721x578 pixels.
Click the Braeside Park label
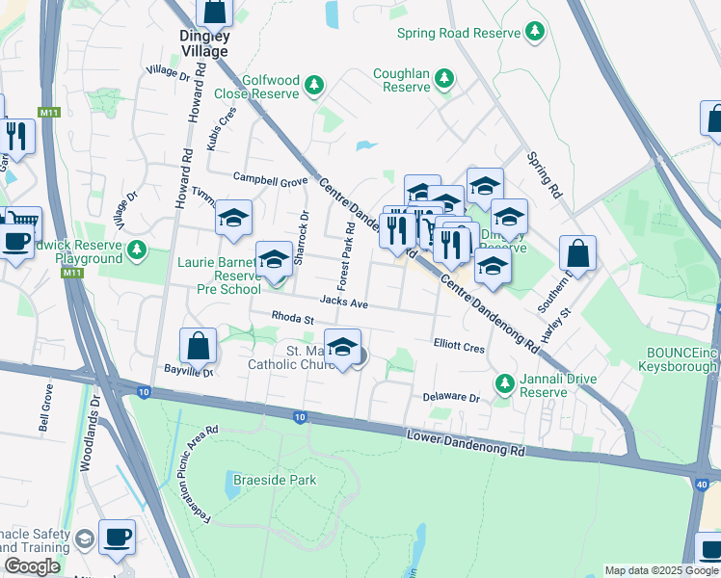(x=274, y=480)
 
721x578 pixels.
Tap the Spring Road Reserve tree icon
(x=535, y=32)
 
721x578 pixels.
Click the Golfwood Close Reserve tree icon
(x=313, y=88)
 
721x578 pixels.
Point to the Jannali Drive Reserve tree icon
(x=504, y=384)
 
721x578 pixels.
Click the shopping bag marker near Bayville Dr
(x=198, y=346)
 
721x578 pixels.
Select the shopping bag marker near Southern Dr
(x=577, y=255)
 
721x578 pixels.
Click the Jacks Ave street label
(x=344, y=302)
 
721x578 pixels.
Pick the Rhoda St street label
(x=293, y=317)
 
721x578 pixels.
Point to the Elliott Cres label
(x=459, y=347)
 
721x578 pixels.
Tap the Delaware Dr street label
(x=451, y=397)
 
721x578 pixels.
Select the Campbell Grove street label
(x=270, y=179)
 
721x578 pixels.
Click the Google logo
(x=33, y=566)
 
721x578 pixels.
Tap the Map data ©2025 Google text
(x=660, y=570)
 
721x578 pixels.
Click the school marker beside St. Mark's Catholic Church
(x=342, y=349)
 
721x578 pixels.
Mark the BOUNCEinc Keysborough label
(x=679, y=360)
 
